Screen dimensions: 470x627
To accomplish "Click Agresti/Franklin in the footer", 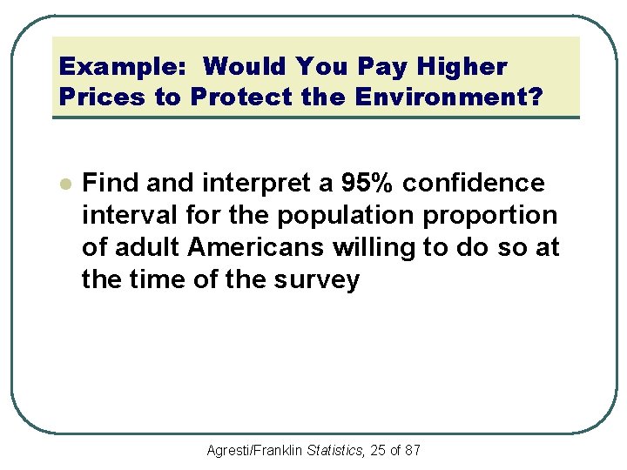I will pos(254,450).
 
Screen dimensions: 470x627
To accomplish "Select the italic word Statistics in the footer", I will pos(334,450).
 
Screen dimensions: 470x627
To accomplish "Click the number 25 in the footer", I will pos(377,450).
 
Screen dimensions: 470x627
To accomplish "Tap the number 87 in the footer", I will pos(413,450).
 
